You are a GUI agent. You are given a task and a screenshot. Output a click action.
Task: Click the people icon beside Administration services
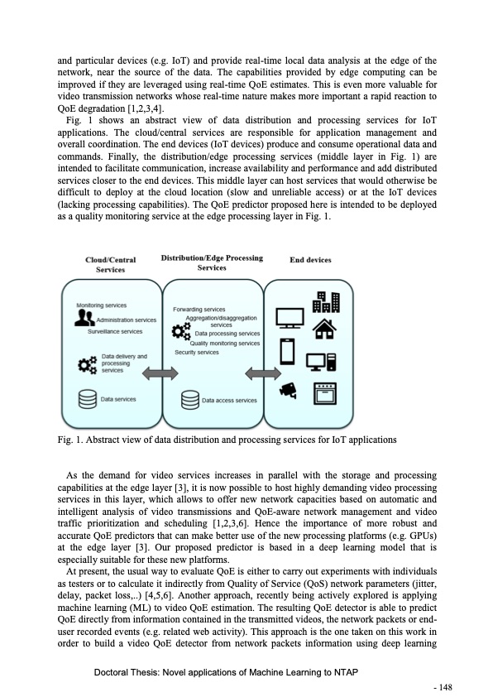(86, 318)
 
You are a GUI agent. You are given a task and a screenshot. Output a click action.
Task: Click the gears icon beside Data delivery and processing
(87, 363)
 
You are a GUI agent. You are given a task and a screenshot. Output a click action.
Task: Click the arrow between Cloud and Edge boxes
(155, 375)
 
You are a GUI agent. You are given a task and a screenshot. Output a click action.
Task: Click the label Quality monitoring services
(218, 343)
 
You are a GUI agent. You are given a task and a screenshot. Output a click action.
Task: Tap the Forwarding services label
(199, 310)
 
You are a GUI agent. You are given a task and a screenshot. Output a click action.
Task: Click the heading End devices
(309, 260)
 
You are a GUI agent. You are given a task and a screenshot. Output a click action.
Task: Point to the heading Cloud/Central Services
(111, 264)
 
